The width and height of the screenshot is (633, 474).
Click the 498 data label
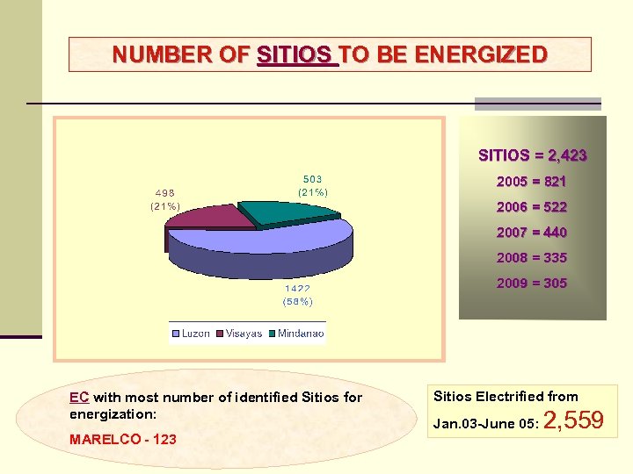(x=165, y=193)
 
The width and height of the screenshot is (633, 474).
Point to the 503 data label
(x=312, y=178)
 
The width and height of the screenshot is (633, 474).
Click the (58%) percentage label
(x=297, y=301)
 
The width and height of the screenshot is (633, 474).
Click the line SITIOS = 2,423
(x=532, y=155)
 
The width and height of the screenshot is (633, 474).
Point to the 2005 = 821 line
(x=531, y=182)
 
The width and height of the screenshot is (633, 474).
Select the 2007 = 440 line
(x=531, y=233)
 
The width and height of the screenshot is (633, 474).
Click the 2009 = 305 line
(x=531, y=284)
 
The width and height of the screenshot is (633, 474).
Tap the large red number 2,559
(x=573, y=421)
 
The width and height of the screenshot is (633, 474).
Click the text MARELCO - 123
(x=122, y=439)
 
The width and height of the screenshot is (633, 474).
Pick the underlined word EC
(x=79, y=398)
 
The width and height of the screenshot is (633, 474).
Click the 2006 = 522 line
(x=531, y=207)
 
